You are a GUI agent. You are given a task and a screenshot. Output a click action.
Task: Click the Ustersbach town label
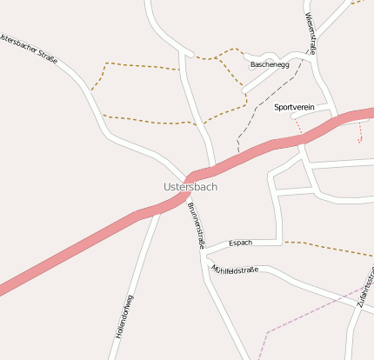click(x=190, y=186)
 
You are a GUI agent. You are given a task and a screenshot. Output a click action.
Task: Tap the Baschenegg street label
click(x=270, y=65)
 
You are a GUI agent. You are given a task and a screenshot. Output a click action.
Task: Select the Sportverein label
click(x=294, y=107)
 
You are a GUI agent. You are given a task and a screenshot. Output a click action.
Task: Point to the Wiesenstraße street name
click(x=311, y=33)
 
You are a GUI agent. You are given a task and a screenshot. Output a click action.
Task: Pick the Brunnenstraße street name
click(x=195, y=225)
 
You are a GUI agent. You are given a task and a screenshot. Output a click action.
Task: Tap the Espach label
click(x=240, y=243)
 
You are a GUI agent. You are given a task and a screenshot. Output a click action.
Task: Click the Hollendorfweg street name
click(x=123, y=316)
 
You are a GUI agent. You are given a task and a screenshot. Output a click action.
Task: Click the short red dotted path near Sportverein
click(x=298, y=126)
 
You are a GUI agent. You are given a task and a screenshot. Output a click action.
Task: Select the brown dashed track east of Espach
click(x=331, y=248)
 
